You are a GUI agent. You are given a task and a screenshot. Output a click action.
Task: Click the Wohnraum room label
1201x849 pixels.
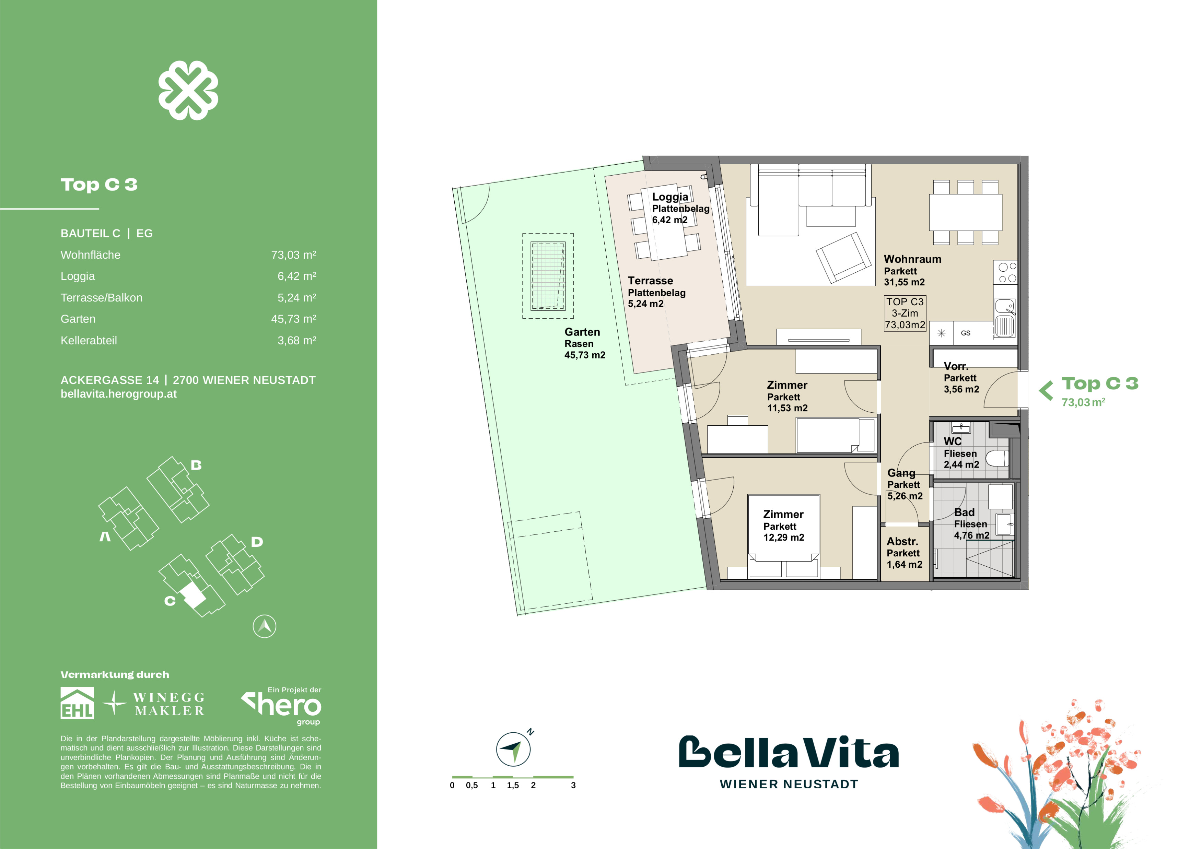912,259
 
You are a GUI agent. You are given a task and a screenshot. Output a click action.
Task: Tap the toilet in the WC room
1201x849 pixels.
997,459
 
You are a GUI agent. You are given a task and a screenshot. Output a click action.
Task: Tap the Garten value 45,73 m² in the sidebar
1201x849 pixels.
293,319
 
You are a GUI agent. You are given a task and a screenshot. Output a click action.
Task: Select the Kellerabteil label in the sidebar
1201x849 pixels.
89,340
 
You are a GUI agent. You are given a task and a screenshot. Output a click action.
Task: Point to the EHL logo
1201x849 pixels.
78,703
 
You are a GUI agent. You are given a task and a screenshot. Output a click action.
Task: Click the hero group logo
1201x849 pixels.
282,706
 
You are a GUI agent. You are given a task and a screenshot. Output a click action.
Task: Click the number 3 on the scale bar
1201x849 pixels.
573,785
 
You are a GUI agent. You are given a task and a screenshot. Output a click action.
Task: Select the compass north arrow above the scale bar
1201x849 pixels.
513,749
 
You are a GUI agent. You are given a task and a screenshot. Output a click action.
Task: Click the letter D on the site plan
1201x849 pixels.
257,542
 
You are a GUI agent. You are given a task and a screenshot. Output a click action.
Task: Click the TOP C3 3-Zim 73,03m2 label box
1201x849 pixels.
905,313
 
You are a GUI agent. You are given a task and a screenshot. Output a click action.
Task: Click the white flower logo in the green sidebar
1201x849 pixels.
188,90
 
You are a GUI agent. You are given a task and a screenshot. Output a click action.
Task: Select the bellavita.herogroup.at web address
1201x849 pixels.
119,394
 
